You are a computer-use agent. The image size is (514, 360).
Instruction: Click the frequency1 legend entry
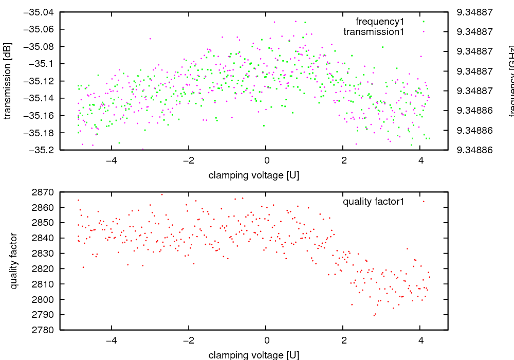coord(380,22)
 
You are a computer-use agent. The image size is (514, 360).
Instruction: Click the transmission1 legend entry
coord(374,31)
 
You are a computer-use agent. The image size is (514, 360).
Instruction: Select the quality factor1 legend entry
coord(374,202)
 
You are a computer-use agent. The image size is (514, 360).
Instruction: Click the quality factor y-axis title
coord(14,261)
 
